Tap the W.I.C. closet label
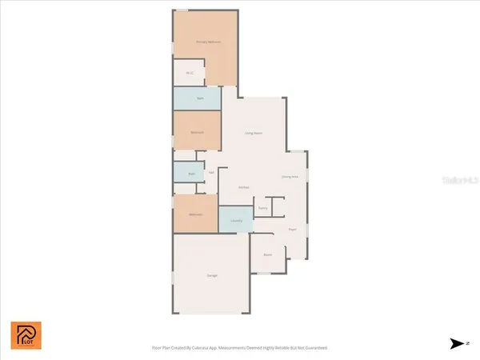(190, 74)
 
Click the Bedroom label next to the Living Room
(197, 132)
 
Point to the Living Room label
(254, 133)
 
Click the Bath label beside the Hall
(191, 173)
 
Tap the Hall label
(211, 172)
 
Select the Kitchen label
(244, 187)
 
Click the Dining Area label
(290, 177)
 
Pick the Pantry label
(262, 207)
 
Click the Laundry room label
(235, 220)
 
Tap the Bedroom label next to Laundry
(195, 214)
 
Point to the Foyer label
(293, 229)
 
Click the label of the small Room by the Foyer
(268, 254)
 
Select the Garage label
(212, 275)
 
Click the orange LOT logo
(25, 335)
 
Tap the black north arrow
(457, 343)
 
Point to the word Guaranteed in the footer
(315, 348)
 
